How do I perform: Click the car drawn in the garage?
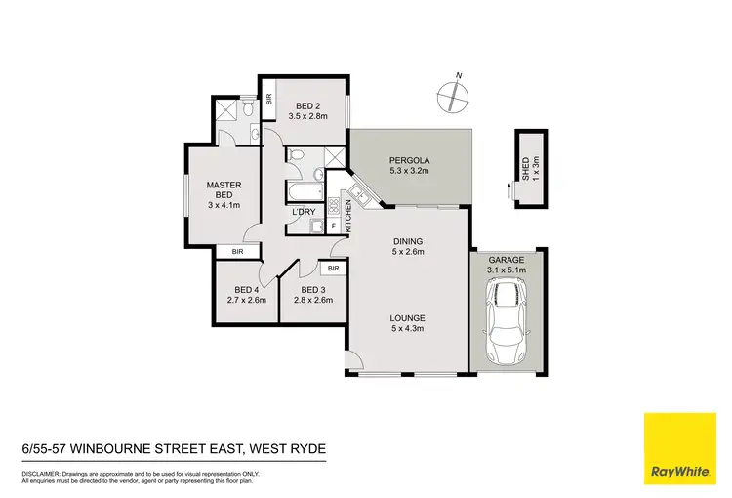507,318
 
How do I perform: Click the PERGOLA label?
410,160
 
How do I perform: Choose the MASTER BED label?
224,189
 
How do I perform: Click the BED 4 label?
247,289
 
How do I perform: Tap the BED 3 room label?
312,289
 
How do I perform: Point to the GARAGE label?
507,260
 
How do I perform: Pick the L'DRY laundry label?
302,212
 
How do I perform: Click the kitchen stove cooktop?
333,206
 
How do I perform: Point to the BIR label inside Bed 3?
333,268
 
